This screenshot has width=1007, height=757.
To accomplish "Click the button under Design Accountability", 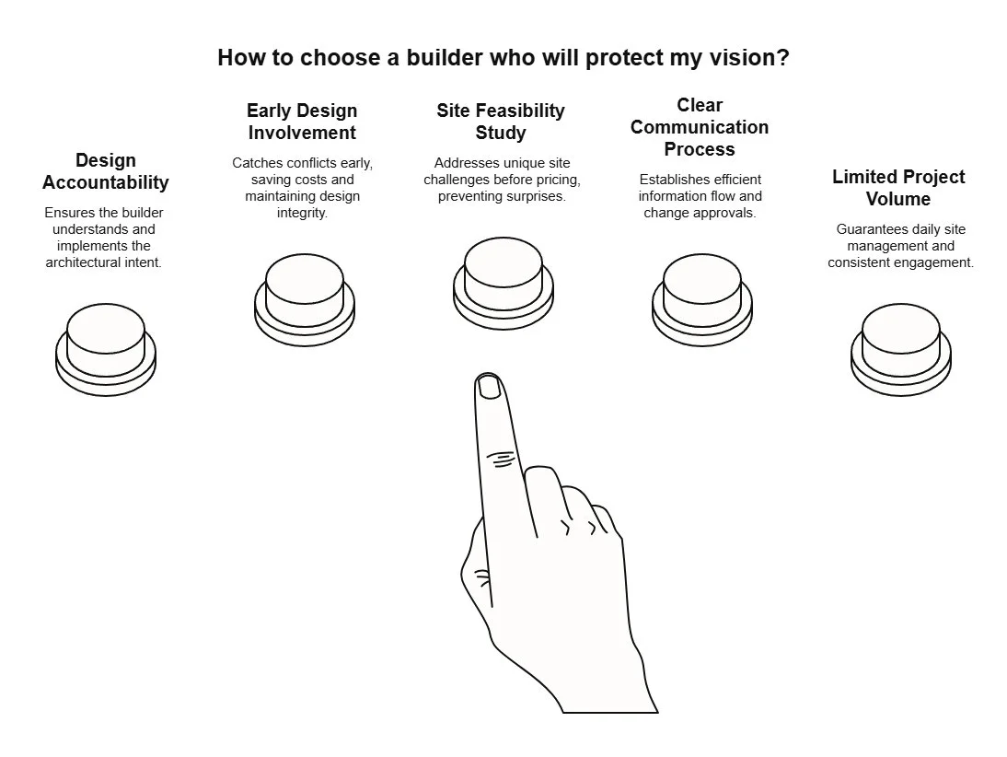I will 106,342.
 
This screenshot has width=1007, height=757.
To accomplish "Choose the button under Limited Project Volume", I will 901,341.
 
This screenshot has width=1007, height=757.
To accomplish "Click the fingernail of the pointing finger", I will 490,386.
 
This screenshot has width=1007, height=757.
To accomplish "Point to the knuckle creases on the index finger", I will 501,458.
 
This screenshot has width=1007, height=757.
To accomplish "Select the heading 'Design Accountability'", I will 106,171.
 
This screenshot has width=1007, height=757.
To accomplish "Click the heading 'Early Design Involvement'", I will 302,122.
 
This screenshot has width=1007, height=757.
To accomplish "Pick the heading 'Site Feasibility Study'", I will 501,122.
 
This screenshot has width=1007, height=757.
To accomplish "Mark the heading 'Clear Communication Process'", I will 700,127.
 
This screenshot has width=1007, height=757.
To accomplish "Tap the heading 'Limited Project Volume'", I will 898,188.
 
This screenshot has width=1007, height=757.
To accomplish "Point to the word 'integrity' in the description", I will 302,213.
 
